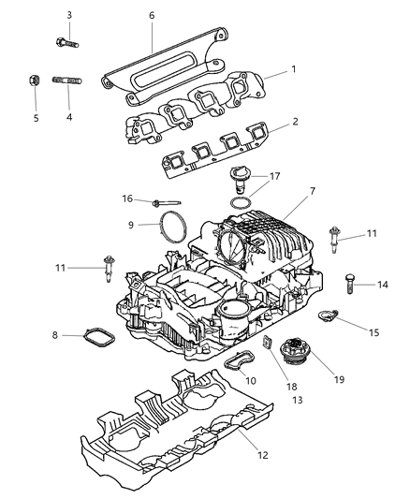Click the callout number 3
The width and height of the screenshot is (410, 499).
(x=69, y=15)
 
